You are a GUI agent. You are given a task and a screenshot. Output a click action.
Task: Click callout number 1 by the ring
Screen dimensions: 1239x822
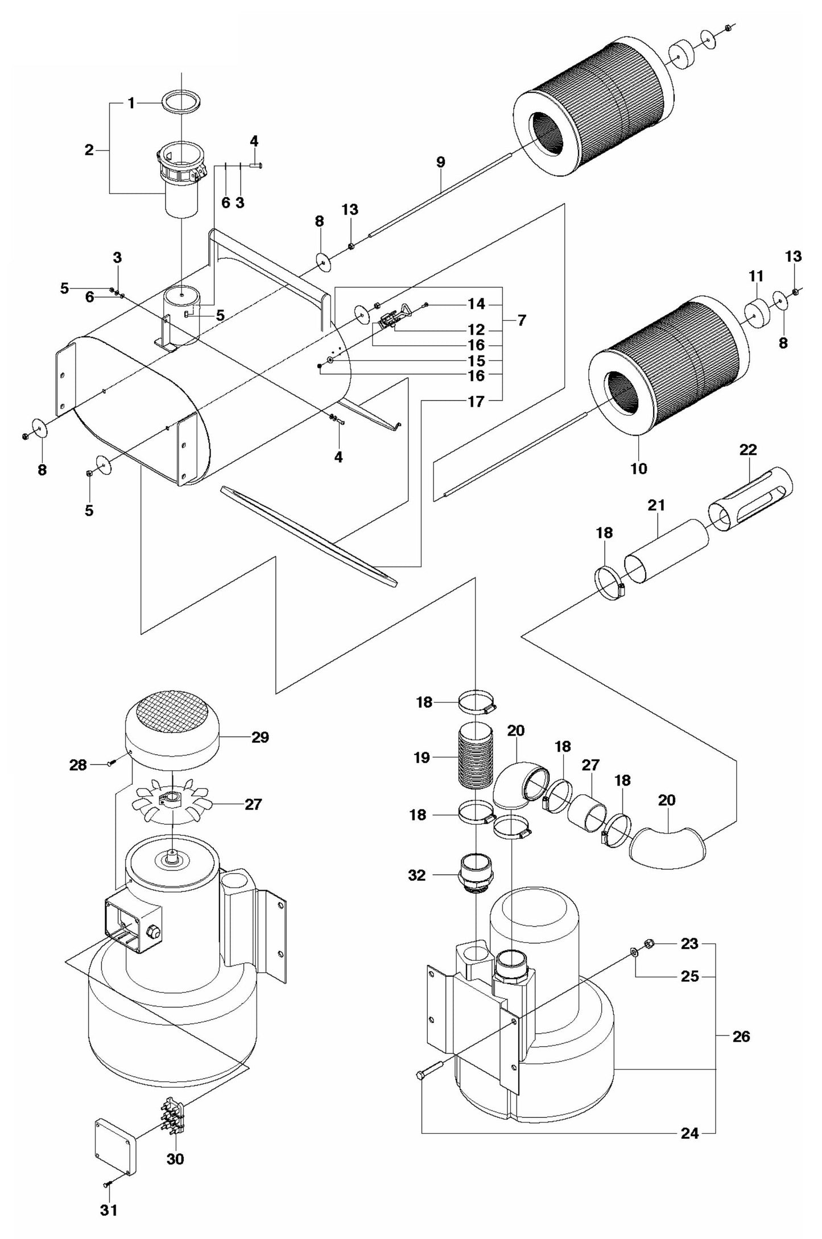point(131,103)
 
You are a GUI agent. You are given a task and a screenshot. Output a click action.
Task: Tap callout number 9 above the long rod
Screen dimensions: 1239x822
point(440,162)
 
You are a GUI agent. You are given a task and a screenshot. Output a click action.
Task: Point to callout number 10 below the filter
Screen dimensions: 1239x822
point(639,469)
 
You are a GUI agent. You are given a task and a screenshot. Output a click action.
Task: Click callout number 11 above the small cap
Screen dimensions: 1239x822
point(755,276)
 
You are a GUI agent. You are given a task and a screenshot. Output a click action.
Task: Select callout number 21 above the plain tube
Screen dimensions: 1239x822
point(656,505)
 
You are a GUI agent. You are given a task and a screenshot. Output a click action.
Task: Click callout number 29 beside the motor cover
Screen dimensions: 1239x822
point(260,737)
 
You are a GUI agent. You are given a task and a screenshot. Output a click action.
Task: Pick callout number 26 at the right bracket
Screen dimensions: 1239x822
point(741,1037)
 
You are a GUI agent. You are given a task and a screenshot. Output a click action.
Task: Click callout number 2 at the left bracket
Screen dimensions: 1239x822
point(89,150)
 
